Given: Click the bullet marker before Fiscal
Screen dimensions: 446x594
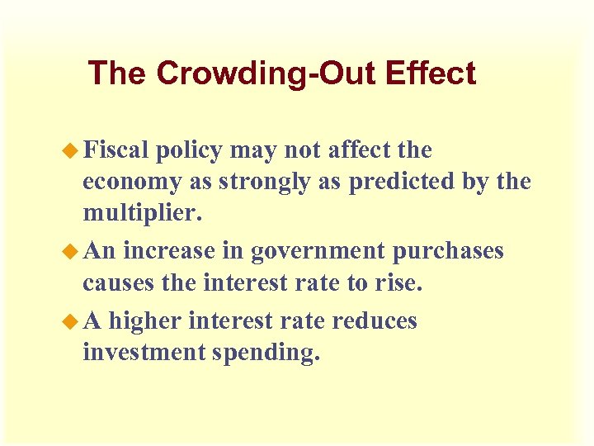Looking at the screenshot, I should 72,151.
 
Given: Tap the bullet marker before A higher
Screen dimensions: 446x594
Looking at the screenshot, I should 72,320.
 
